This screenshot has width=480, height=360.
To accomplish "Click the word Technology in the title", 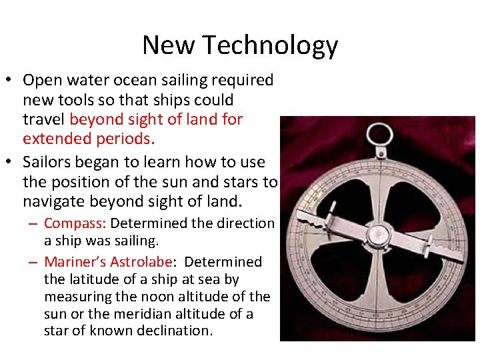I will (270, 45).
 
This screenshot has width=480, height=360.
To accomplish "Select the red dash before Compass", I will (31, 224).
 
